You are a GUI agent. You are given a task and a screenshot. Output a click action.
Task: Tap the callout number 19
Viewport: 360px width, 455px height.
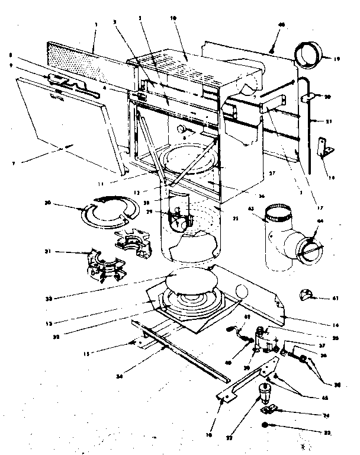[x=336, y=59]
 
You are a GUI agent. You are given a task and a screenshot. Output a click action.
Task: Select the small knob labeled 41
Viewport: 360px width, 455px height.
[x=308, y=295]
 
